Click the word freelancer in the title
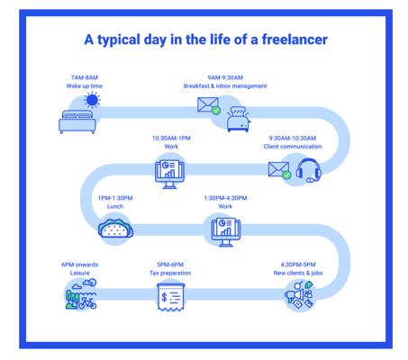pos(295,40)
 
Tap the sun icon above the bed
pos(92,100)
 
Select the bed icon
pos(77,121)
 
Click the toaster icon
pos(239,119)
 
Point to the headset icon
pos(308,171)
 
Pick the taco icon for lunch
pos(115,229)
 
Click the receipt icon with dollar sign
pos(171,297)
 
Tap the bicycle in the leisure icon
pos(87,303)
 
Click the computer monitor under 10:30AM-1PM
pos(169,174)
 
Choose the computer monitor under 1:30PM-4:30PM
pos(226,232)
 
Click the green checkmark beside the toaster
pos(216,111)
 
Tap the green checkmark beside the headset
pos(286,175)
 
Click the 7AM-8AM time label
pos(85,77)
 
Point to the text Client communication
pos(293,147)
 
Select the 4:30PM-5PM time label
pos(298,265)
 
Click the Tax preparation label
pos(170,273)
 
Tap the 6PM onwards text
pos(80,265)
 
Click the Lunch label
pos(115,206)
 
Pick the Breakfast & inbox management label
pos(225,85)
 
